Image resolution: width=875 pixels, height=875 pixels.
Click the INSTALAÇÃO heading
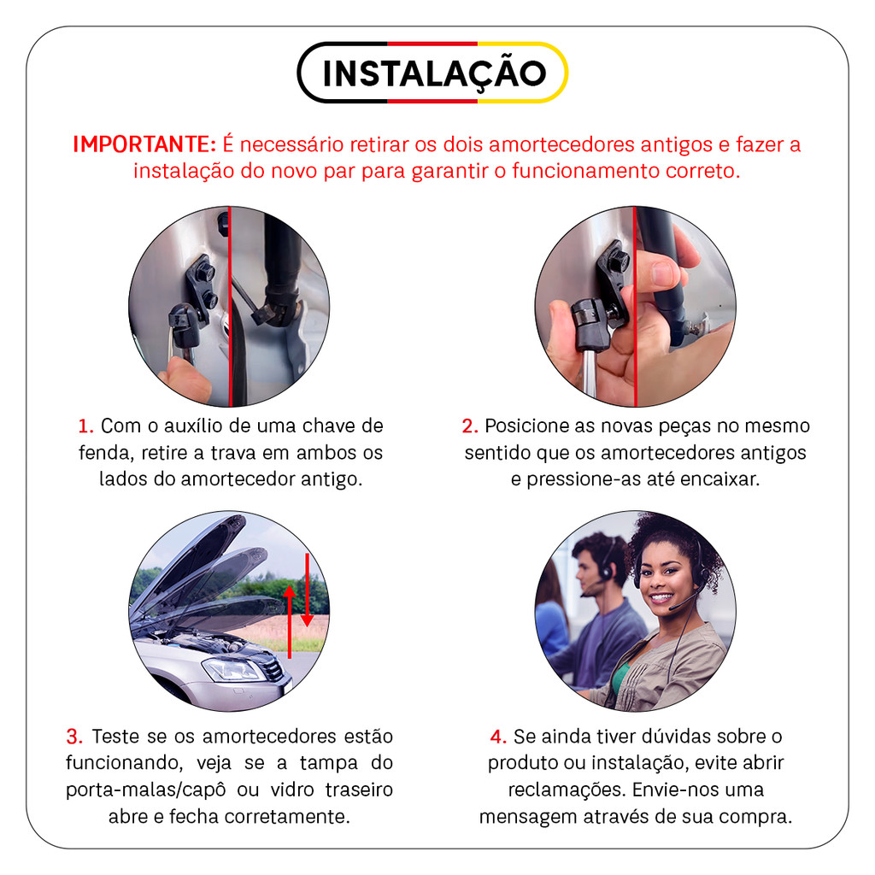(434, 73)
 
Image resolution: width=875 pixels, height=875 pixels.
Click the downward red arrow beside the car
(307, 590)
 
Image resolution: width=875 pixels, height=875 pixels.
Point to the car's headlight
(232, 670)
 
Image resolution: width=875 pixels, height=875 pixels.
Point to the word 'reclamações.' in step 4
(567, 790)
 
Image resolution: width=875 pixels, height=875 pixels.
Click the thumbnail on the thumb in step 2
(663, 273)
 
